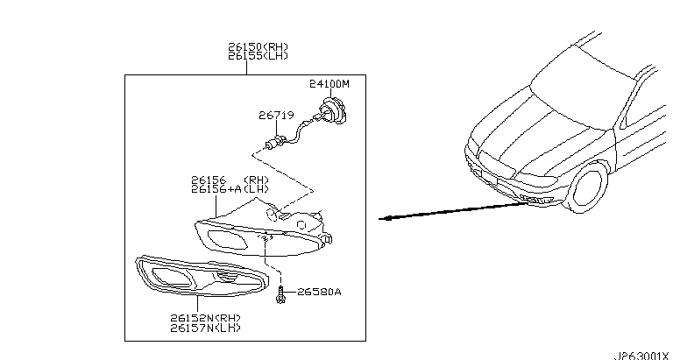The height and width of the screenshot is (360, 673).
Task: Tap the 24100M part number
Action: (329, 84)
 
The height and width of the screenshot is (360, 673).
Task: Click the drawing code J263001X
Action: (644, 354)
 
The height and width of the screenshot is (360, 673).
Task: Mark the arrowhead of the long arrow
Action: (382, 219)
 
